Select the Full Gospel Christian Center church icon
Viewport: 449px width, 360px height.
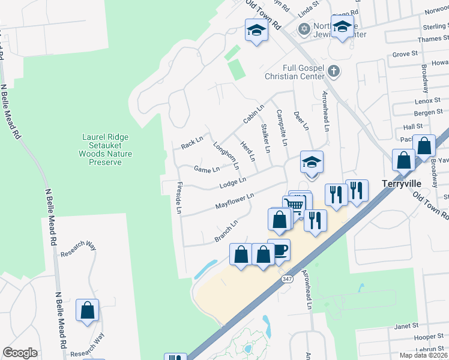coord(334,72)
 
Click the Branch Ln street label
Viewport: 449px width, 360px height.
coord(226,231)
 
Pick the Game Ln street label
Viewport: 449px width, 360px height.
coord(206,169)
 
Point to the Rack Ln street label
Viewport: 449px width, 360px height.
coord(192,143)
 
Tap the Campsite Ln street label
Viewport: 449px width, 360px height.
coord(280,127)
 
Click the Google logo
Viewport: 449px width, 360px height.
coord(20,353)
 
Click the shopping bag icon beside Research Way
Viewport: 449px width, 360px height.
coord(87,310)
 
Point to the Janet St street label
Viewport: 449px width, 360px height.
coord(406,326)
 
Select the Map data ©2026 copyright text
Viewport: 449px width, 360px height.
coord(423,355)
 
